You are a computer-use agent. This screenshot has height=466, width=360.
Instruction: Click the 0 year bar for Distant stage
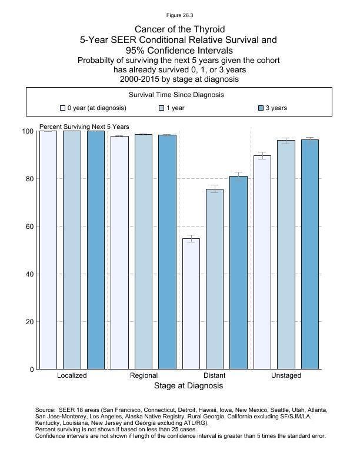click(x=191, y=304)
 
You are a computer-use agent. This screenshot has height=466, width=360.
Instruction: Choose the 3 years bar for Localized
click(x=95, y=250)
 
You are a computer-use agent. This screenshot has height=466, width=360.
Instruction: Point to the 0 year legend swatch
click(x=62, y=108)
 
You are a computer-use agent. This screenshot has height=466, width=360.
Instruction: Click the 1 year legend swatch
click(x=162, y=108)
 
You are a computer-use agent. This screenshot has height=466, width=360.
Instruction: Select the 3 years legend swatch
click(x=261, y=108)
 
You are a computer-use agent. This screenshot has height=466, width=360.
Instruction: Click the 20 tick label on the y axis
click(x=28, y=322)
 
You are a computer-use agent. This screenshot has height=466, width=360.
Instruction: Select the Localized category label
click(x=72, y=375)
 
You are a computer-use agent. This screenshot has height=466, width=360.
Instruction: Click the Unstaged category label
click(x=286, y=375)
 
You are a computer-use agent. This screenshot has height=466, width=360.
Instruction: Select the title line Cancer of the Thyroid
click(x=179, y=29)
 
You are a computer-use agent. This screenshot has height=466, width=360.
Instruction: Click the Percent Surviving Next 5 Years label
click(x=84, y=127)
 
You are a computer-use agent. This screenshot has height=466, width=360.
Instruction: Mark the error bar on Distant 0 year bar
click(x=191, y=238)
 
